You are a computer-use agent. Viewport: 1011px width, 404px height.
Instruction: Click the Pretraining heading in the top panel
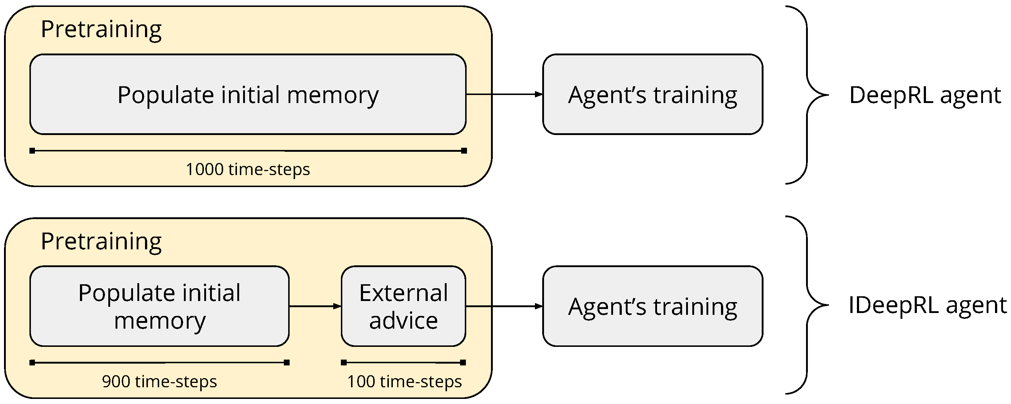(x=101, y=29)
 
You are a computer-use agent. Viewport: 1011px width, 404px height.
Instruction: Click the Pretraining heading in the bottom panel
(x=101, y=241)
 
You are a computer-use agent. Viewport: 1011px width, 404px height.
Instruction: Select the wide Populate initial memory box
(x=247, y=95)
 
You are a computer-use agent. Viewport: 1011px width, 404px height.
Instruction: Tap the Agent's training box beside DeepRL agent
(x=652, y=95)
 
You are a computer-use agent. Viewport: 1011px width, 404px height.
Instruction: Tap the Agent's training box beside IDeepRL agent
(x=652, y=306)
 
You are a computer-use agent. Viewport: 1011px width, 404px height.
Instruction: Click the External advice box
(x=403, y=306)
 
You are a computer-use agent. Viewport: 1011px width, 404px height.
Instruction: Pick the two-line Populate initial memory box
(x=159, y=306)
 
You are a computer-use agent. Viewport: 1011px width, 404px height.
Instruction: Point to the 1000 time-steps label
(x=247, y=170)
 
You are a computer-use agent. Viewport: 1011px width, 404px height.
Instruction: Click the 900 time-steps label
(x=159, y=381)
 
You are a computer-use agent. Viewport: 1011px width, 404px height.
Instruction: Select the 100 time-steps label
(x=404, y=381)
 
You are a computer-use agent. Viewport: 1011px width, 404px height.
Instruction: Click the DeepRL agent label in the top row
(x=925, y=95)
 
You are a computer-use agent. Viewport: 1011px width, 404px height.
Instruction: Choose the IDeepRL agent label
(x=927, y=305)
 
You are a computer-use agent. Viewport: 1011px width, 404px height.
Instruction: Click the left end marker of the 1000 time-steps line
(x=32, y=151)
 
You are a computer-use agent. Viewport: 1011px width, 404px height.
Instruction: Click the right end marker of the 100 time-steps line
(x=463, y=363)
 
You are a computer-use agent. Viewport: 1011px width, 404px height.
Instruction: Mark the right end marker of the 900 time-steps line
(x=287, y=363)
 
